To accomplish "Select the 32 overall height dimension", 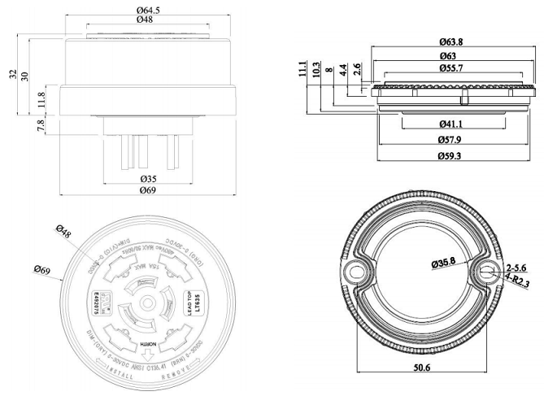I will (13, 74).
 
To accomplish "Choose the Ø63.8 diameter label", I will (451, 41).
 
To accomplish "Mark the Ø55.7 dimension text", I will (451, 67).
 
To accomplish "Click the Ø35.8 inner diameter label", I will (440, 262).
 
